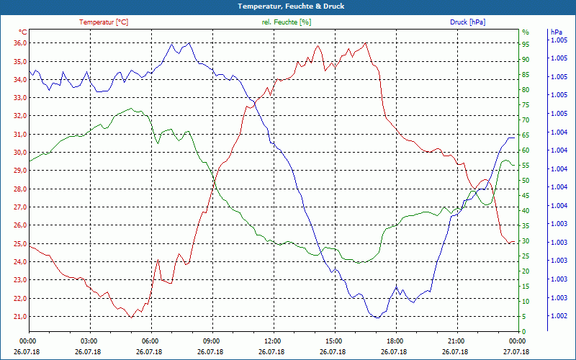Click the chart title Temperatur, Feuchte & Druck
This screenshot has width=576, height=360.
(x=288, y=6)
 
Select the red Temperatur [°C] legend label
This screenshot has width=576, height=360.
(x=104, y=22)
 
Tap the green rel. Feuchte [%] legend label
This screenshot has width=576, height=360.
(x=286, y=22)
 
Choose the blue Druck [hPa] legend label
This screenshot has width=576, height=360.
(x=467, y=22)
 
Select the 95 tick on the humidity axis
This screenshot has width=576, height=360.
(x=526, y=45)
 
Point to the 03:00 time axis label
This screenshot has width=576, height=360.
(x=89, y=341)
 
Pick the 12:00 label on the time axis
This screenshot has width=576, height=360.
(x=272, y=341)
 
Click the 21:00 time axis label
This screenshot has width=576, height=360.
(x=455, y=341)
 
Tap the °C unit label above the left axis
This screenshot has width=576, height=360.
(x=23, y=32)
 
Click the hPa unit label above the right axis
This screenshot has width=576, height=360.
(x=556, y=32)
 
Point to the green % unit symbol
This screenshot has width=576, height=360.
(x=525, y=32)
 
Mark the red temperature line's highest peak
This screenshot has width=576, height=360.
(x=366, y=43)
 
